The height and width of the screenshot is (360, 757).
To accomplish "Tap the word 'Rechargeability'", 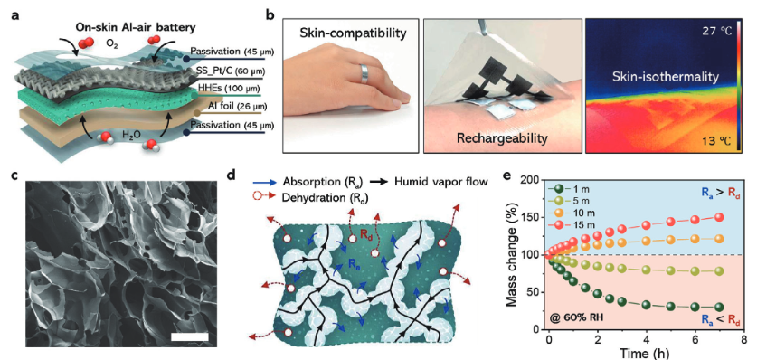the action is tap(501, 139).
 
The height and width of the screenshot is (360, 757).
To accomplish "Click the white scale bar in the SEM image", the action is tap(190, 336).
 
